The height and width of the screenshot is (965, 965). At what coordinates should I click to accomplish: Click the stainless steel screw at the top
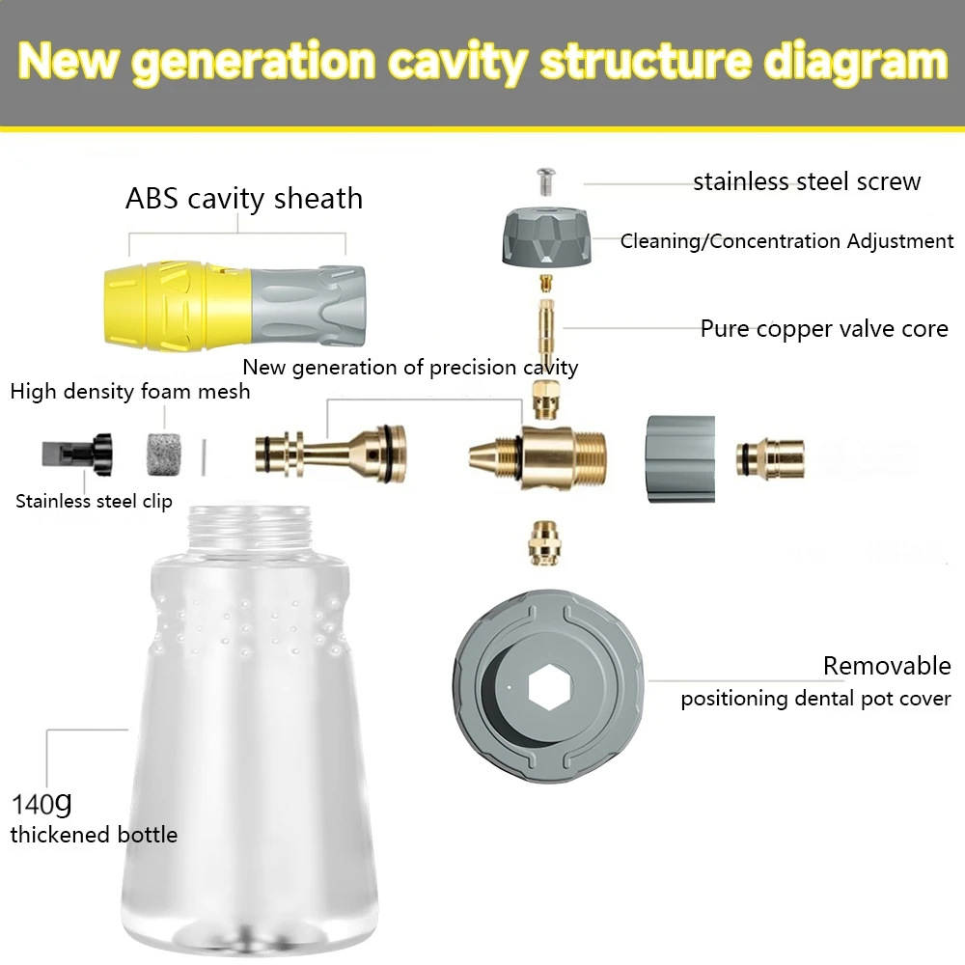click(x=546, y=181)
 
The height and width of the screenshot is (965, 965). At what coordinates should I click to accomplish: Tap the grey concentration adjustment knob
click(x=546, y=237)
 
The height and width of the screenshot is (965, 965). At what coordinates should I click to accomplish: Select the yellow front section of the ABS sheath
click(x=179, y=305)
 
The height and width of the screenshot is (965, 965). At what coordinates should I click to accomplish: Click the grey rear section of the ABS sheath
click(x=309, y=306)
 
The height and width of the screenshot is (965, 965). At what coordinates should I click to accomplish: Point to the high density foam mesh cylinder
click(x=164, y=455)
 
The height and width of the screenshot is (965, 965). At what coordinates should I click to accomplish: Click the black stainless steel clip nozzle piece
click(x=77, y=455)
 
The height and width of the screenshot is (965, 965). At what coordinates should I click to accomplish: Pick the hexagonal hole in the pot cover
click(x=550, y=687)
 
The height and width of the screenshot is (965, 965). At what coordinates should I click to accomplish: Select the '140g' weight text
click(x=41, y=803)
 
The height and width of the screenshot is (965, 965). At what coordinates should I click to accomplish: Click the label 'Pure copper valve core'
click(x=824, y=329)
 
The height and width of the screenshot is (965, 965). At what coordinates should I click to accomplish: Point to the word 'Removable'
click(x=887, y=666)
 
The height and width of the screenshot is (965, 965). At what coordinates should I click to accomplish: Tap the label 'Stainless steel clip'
click(x=94, y=501)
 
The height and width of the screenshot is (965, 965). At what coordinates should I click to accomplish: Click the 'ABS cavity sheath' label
click(x=244, y=199)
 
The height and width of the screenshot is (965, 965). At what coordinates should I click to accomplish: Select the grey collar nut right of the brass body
click(x=680, y=458)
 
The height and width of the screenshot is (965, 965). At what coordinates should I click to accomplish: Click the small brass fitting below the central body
click(x=544, y=542)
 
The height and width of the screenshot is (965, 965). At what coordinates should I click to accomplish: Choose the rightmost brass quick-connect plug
click(x=770, y=457)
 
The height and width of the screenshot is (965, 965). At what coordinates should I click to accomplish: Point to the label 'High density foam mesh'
click(x=130, y=392)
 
